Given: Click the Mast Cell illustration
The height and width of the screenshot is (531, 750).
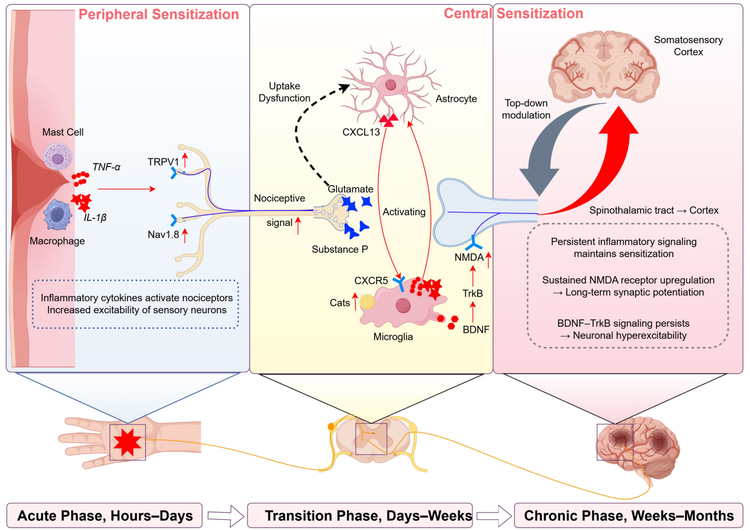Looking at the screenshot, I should tap(58, 156).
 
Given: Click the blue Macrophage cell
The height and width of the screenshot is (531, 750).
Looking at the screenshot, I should tap(57, 215).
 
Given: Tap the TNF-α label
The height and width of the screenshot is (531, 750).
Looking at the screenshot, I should tap(106, 167).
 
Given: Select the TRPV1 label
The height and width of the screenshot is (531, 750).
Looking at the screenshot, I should tap(163, 162).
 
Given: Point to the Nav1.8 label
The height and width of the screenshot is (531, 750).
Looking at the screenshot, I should tap(163, 234).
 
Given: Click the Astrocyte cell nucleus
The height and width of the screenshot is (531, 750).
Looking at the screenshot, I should tap(391, 85).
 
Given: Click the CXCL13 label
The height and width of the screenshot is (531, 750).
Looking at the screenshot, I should tap(361, 132).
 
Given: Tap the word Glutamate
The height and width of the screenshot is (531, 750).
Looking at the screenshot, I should tap(350, 189).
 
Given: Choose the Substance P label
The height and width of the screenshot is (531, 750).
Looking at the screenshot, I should tap(340, 250).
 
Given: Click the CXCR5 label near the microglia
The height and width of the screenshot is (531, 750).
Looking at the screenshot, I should tap(371, 281).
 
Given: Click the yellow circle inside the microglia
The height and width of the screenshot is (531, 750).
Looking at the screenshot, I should tap(367, 302).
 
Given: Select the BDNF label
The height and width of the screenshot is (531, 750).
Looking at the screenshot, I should tap(476, 330).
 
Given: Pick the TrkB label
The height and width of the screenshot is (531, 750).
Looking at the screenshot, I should tap(473, 293).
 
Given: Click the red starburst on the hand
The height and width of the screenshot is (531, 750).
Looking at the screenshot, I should tap(127, 442).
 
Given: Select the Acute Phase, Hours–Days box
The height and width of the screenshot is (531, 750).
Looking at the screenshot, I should tap(105, 515).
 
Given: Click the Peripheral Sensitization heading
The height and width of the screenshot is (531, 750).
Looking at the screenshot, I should tap(159, 14).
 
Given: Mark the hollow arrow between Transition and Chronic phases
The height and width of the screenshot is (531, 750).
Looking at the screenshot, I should tap(493, 515).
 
